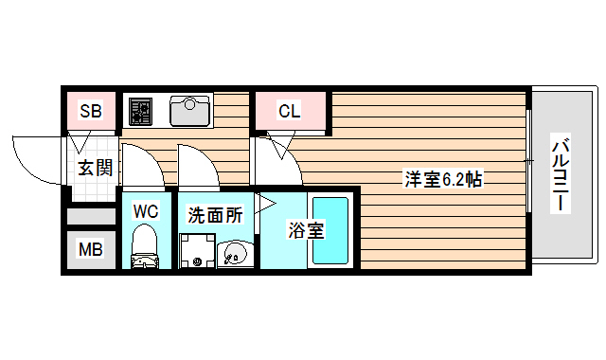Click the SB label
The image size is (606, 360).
[x=91, y=111]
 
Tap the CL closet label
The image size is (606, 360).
[x=290, y=111]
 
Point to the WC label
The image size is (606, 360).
[x=145, y=210]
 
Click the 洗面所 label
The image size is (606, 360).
[x=215, y=215]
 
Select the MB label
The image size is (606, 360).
[x=90, y=251]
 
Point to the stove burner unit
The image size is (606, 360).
[x=139, y=111]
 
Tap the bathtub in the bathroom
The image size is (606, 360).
[x=331, y=230]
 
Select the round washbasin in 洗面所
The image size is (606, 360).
[x=233, y=254]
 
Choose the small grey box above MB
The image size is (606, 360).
[x=91, y=215]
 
